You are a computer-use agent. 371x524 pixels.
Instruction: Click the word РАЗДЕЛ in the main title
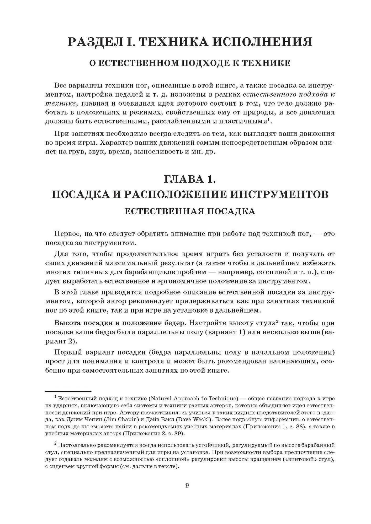click(98, 42)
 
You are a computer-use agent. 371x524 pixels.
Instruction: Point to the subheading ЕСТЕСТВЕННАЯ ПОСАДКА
click(190, 211)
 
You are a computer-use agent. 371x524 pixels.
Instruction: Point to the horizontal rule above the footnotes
click(68, 391)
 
